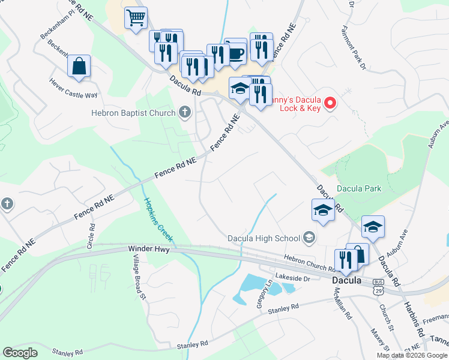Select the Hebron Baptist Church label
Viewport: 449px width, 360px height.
133,112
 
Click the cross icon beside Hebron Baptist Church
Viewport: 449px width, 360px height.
185,112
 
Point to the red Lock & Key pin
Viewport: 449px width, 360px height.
330,104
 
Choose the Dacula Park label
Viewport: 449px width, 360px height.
358,188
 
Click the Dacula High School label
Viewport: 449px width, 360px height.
264,238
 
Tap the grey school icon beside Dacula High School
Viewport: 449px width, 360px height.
309,238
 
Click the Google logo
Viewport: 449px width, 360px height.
20,353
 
